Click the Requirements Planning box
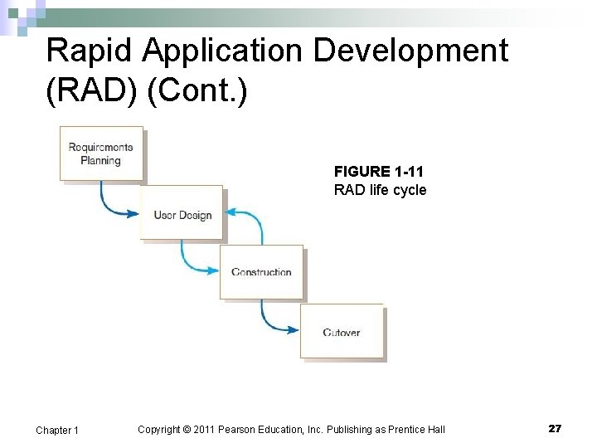click(100, 153)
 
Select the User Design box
click(182, 213)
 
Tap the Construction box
click(261, 272)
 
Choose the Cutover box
click(342, 332)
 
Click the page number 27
click(555, 428)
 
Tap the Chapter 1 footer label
click(57, 430)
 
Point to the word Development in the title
click(414, 51)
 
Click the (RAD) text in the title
click(91, 91)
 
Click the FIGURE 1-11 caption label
click(378, 172)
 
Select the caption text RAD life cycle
click(380, 190)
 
